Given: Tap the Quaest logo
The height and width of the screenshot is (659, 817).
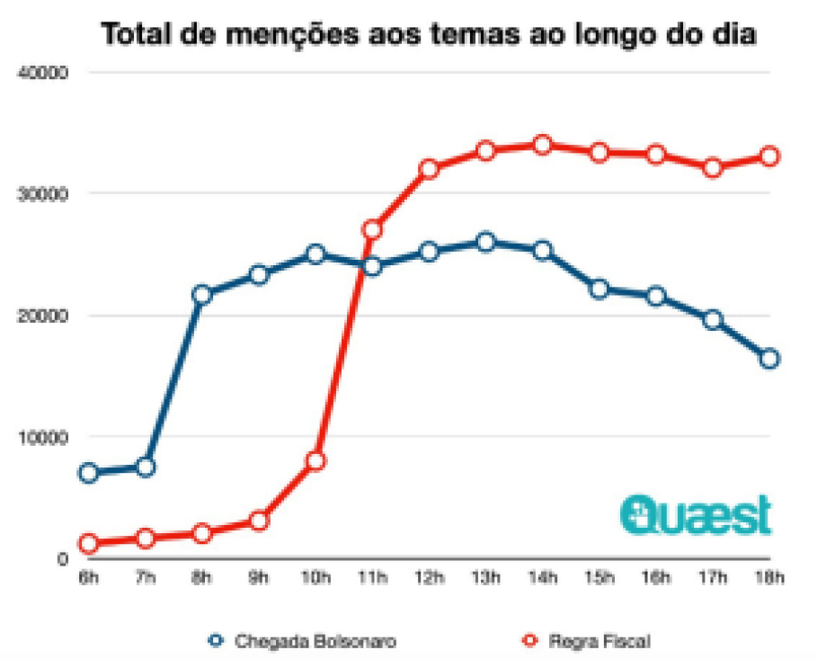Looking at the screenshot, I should [696, 514].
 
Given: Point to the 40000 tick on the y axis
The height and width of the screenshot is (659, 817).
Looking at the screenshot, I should [50, 73].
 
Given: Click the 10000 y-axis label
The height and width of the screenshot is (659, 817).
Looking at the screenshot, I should [50, 437].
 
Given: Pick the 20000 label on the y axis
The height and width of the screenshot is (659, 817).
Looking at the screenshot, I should [50, 316].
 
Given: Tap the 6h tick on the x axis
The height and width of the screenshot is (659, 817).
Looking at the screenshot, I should [88, 578].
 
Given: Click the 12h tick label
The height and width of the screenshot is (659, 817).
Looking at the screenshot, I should [429, 578].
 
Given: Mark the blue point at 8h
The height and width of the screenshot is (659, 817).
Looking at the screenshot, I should [201, 294].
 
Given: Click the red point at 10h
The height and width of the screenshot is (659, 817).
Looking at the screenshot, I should [315, 461].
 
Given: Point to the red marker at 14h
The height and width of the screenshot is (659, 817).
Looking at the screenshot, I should [543, 145].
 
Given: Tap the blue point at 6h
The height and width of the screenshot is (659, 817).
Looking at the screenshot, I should [88, 473].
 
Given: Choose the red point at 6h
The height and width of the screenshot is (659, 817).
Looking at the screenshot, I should [88, 543].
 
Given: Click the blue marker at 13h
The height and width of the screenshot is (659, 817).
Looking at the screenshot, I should [486, 242].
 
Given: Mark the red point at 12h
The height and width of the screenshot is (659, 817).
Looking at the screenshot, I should [429, 169].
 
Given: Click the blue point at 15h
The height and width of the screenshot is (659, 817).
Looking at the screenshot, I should [599, 289].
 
